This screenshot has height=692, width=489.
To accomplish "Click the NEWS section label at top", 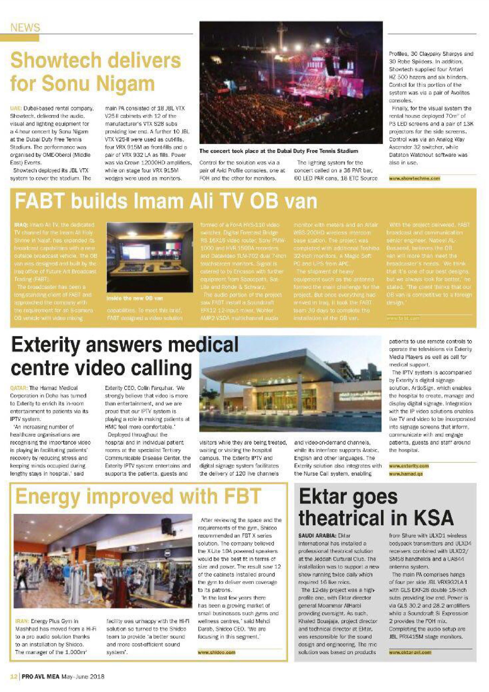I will tap(25, 28).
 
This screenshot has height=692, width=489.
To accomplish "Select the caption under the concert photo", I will tap(279, 151).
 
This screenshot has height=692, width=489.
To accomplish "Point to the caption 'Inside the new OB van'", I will tap(135, 298).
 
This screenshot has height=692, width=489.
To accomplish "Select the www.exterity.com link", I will tap(408, 466).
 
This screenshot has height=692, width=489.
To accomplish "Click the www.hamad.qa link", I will tap(406, 474).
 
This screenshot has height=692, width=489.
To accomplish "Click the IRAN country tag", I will tap(22, 621).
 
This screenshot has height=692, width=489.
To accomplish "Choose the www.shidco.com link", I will tap(216, 653).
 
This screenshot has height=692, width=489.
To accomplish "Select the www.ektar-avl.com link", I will tap(410, 653).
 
